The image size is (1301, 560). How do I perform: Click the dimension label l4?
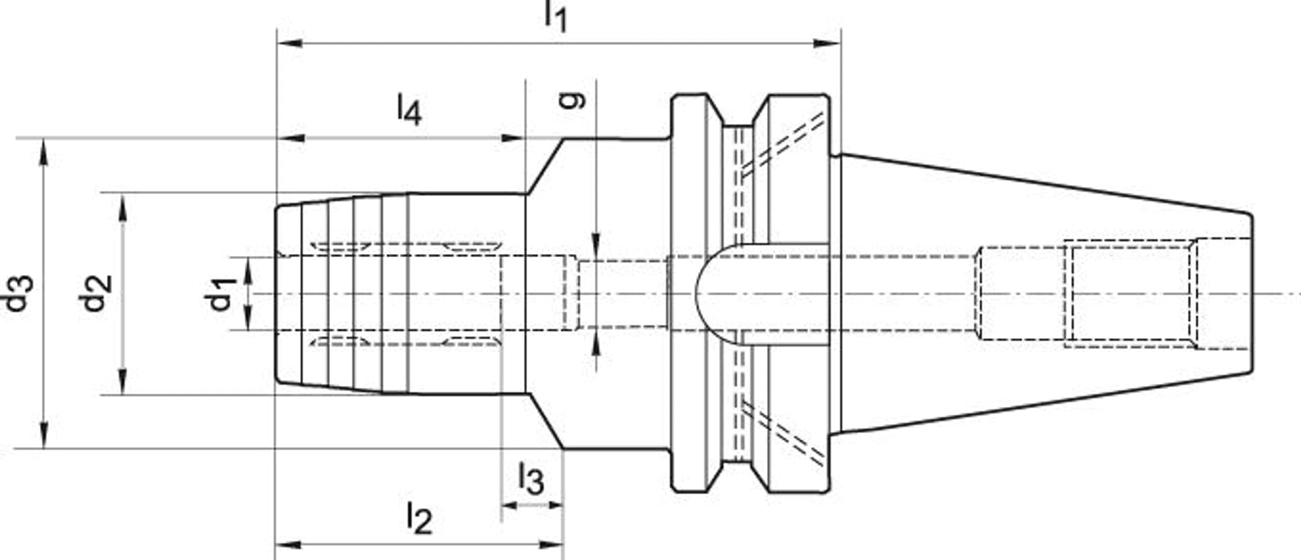[409, 110]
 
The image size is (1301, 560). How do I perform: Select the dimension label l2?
[419, 519]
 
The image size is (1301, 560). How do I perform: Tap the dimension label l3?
[531, 479]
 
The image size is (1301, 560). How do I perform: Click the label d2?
[96, 293]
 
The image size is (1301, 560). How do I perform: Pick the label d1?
[221, 293]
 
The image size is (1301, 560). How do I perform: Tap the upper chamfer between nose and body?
[545, 165]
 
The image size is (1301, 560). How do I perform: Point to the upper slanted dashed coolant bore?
[783, 146]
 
